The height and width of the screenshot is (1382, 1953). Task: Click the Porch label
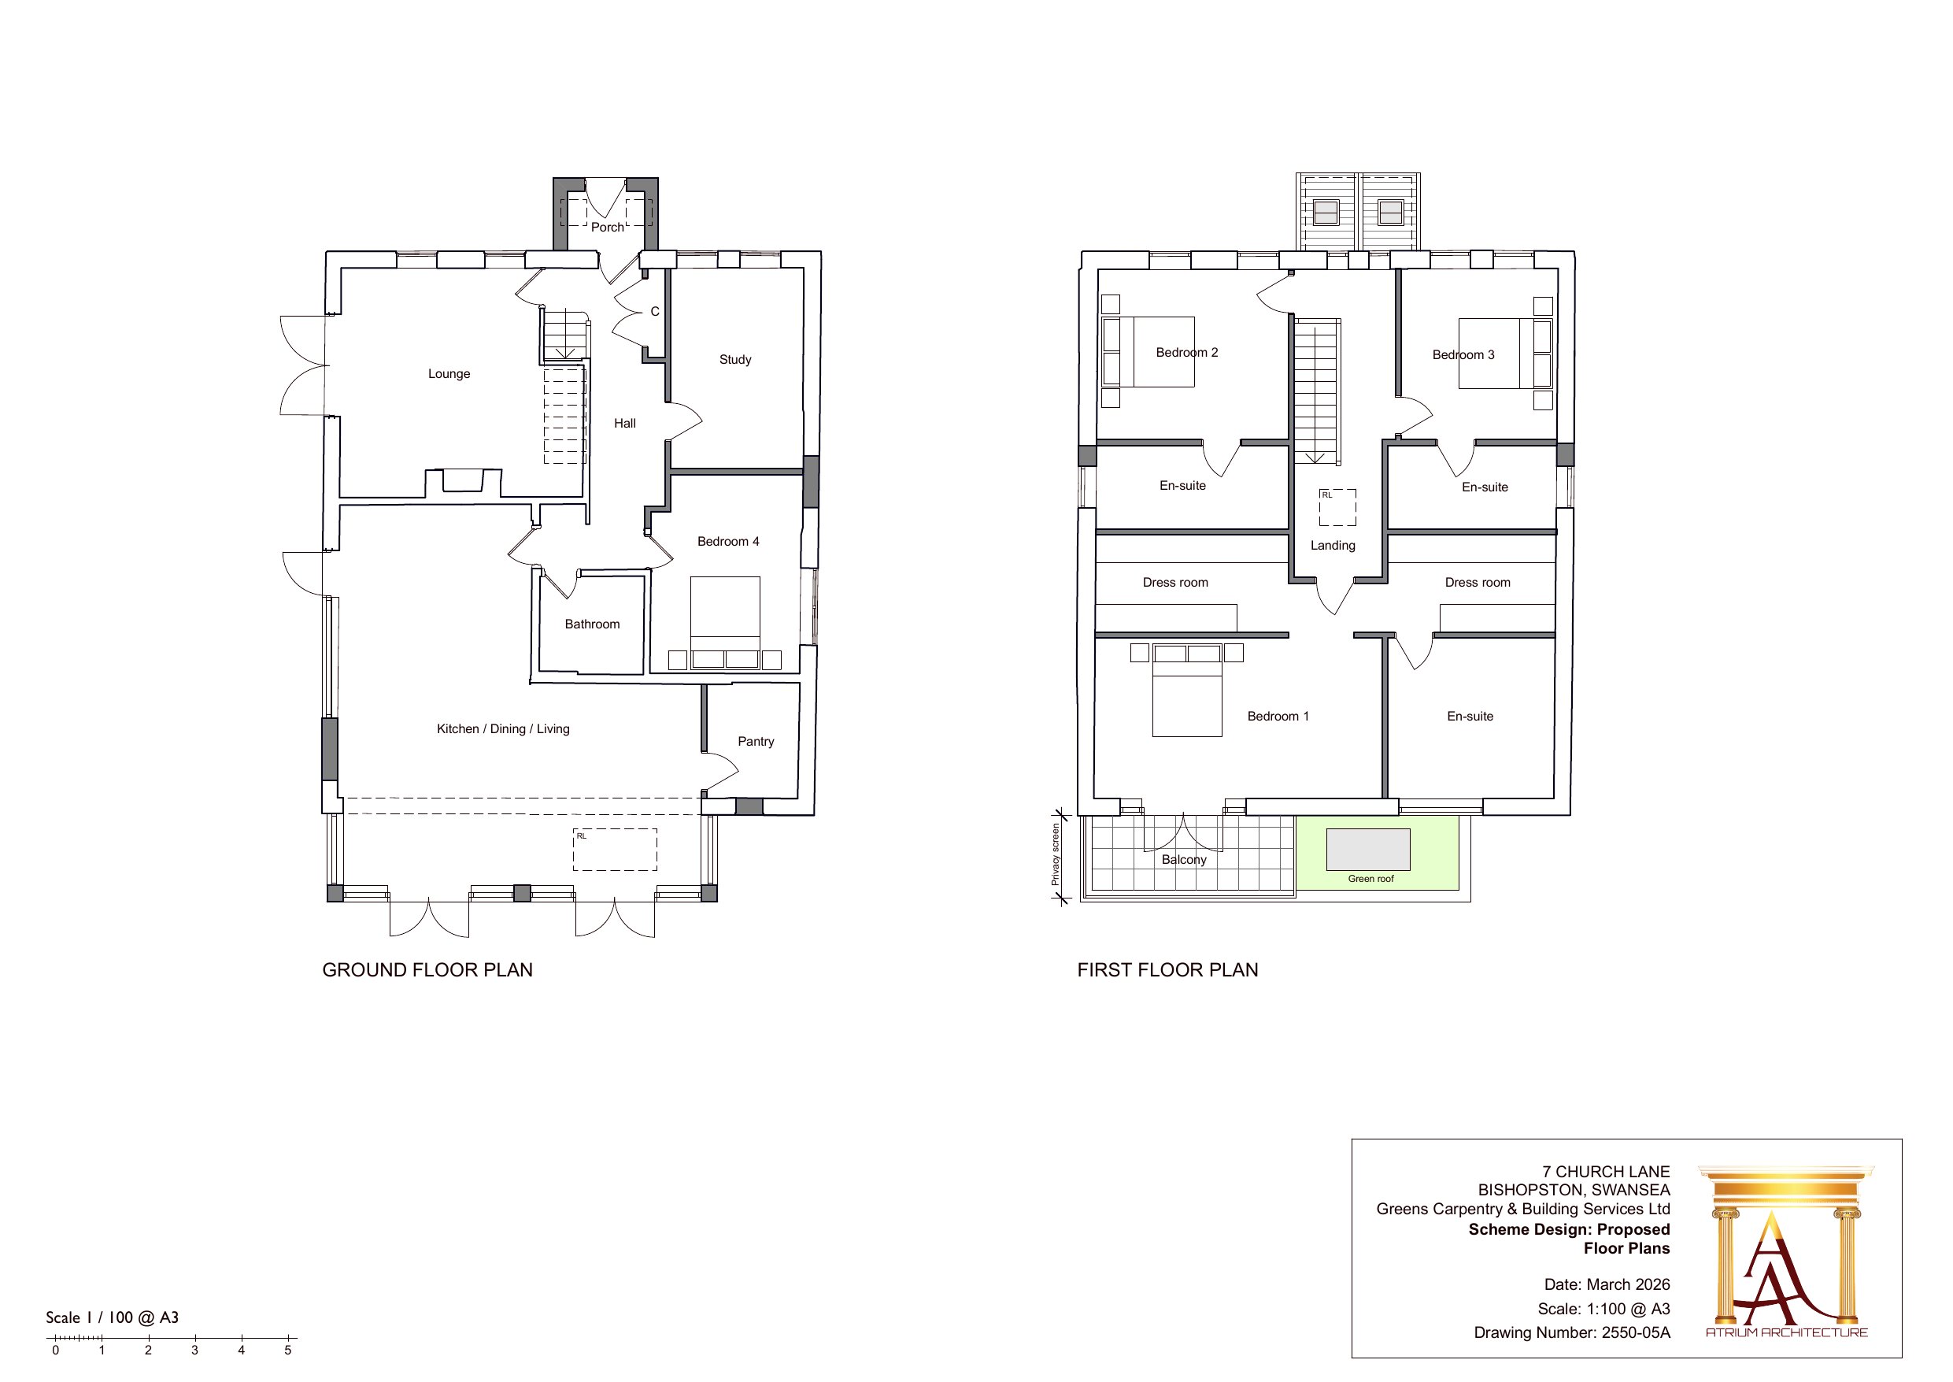[608, 228]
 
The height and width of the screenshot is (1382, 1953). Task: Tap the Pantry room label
[756, 741]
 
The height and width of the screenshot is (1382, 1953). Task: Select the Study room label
[736, 359]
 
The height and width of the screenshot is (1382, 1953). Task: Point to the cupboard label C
[655, 312]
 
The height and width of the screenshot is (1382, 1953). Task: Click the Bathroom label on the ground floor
[592, 624]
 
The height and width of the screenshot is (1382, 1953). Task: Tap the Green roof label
[1371, 879]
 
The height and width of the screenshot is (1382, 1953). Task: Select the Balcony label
[1184, 859]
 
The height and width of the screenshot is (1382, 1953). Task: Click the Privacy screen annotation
[1056, 854]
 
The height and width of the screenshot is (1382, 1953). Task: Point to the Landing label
[1333, 546]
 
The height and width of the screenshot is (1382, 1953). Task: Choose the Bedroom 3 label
[1463, 355]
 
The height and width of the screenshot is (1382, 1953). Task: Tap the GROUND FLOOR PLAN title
[427, 970]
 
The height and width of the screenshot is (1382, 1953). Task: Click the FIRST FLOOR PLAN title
[1168, 970]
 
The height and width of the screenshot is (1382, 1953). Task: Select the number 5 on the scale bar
[287, 1351]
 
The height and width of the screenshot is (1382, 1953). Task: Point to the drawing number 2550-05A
[1636, 1332]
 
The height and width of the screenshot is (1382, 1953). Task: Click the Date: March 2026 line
[1607, 1284]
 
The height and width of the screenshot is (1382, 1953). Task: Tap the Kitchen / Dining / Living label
[503, 728]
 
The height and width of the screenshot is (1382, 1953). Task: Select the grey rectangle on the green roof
[1369, 850]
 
